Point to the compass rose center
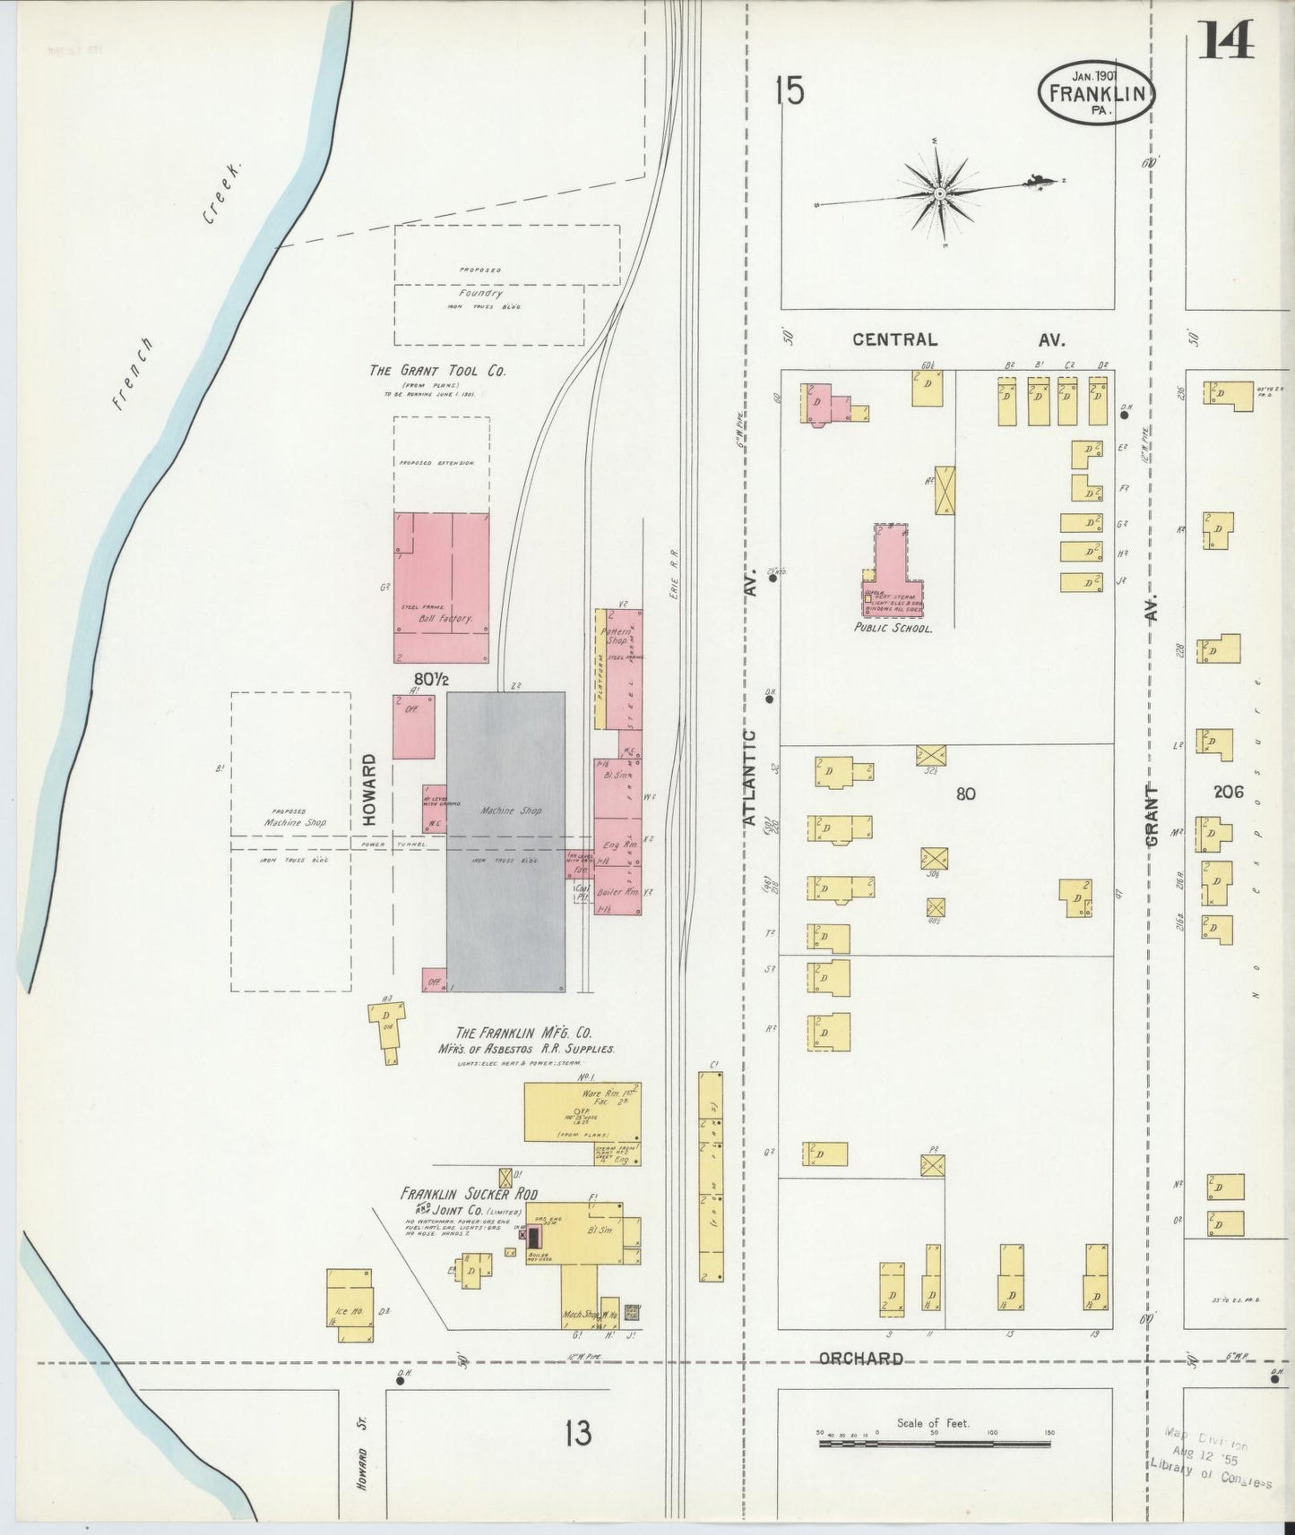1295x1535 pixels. point(939,193)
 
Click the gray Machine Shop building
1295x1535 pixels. point(506,842)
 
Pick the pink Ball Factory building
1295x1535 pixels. point(442,587)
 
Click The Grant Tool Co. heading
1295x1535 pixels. point(437,370)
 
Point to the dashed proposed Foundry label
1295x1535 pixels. point(480,293)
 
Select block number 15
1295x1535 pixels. point(790,92)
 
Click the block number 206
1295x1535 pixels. point(1229,792)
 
